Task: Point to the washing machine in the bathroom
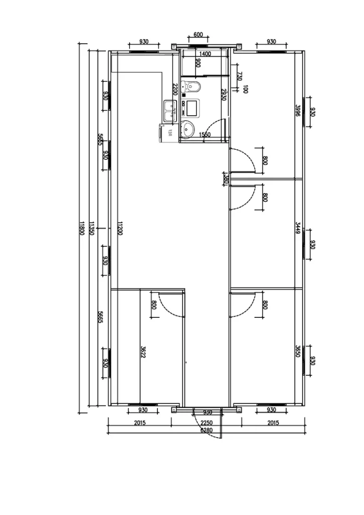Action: coord(191,107)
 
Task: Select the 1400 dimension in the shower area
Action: coord(205,54)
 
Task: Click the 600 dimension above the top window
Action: coord(198,35)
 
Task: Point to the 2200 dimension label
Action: coord(174,90)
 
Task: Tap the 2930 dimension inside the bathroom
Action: coord(223,95)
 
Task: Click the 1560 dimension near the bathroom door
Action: coord(204,135)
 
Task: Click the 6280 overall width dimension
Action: coord(206,431)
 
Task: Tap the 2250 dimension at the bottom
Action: coord(206,423)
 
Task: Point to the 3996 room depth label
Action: coord(298,111)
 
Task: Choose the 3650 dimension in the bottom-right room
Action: coord(298,351)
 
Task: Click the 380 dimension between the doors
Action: coord(226,179)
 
